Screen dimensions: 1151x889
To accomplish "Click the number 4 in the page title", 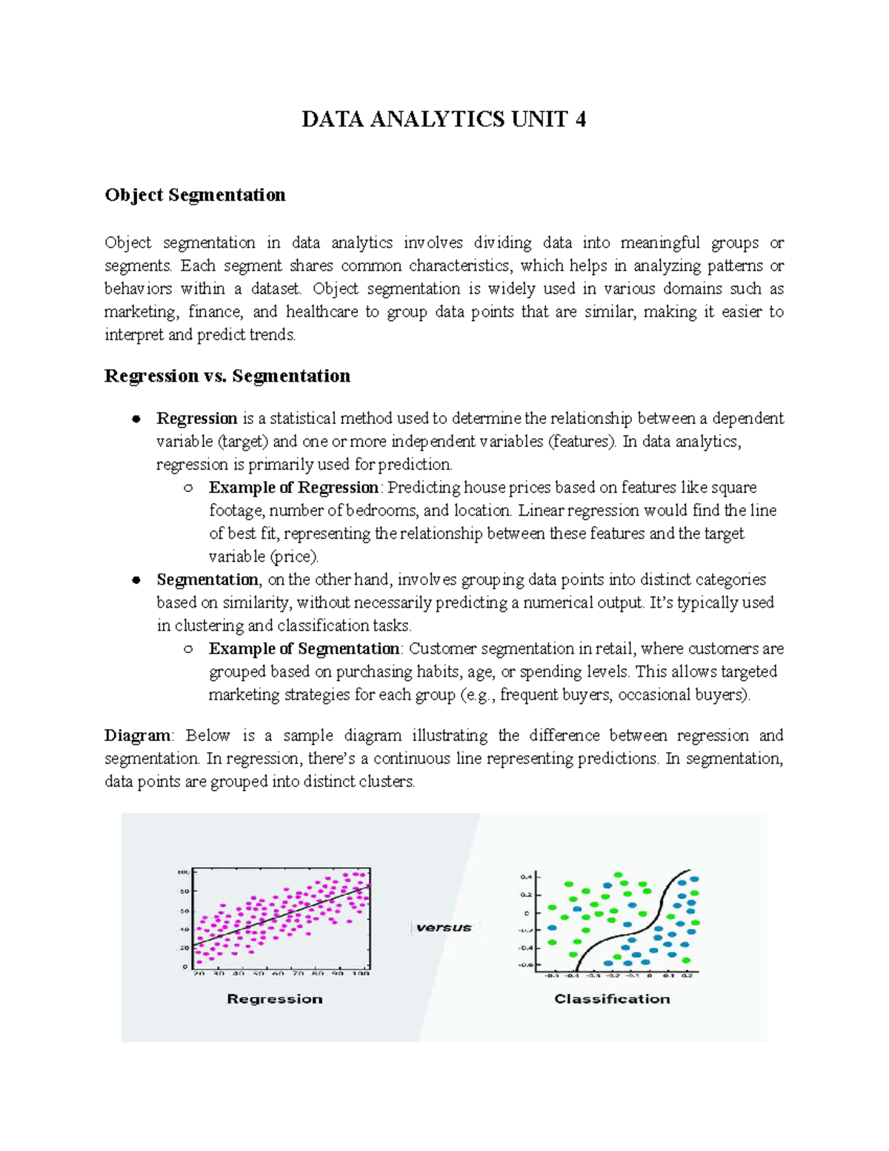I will coord(579,120).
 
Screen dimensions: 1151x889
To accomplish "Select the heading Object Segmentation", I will coord(195,195).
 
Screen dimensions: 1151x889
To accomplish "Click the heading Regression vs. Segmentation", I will coord(227,376).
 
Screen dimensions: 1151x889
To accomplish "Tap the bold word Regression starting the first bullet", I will coord(196,419).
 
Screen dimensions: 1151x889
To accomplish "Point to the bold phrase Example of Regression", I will coord(293,488).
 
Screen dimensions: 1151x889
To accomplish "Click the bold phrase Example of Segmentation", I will coord(304,649).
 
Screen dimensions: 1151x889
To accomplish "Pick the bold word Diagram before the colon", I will coord(137,735).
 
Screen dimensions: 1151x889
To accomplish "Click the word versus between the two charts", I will coord(444,927).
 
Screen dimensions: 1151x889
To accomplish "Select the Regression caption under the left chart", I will coord(274,999).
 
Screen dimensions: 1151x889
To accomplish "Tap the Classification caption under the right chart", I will coord(612,999).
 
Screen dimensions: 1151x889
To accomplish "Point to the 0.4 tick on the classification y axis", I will coord(526,877).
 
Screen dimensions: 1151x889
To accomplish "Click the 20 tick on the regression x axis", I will coord(199,974).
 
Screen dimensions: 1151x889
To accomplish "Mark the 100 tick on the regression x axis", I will coord(361,974).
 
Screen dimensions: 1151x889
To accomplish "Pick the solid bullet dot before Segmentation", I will coord(136,580).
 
